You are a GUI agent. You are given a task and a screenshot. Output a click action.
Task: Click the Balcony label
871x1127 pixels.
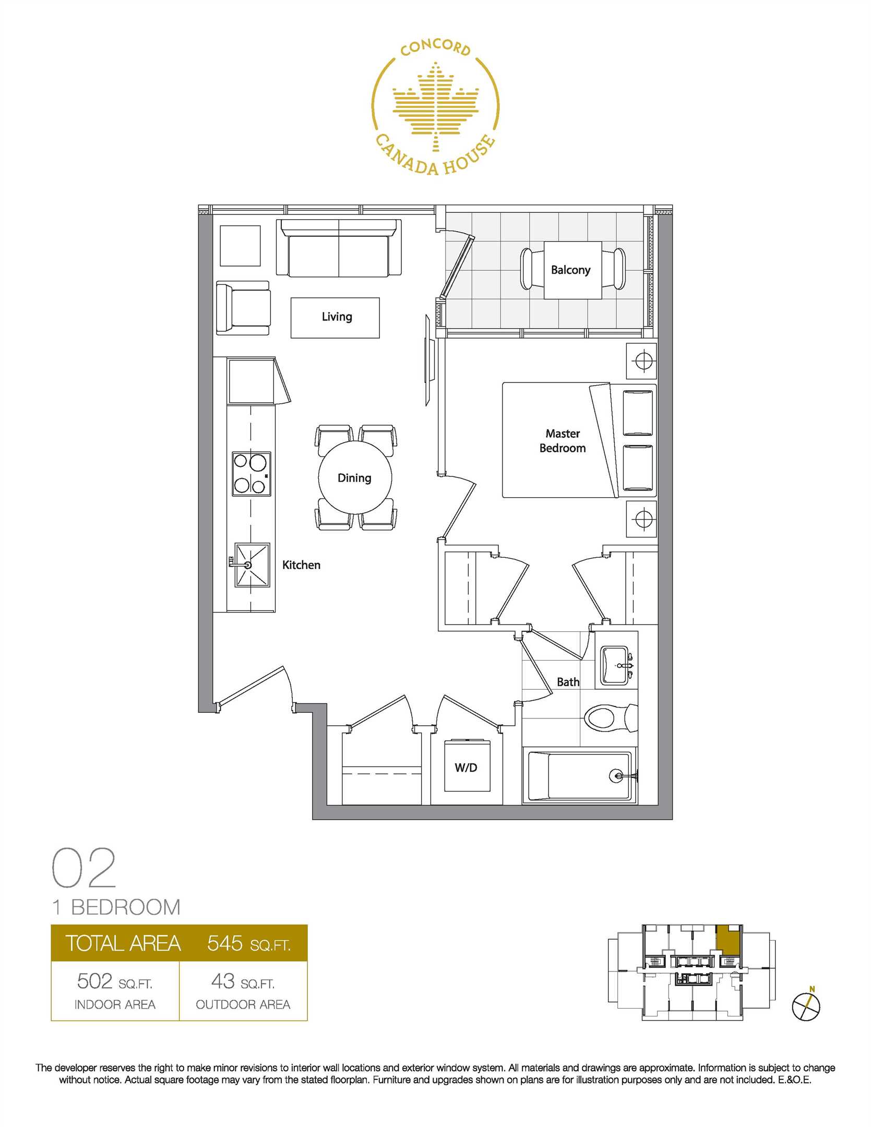point(570,270)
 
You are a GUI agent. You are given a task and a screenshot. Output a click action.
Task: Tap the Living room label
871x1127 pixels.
point(337,317)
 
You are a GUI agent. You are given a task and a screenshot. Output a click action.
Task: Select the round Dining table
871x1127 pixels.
point(355,478)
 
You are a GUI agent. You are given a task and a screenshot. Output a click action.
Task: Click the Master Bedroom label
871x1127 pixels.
point(563,441)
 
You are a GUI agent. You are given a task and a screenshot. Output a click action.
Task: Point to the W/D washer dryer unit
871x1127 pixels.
point(466,766)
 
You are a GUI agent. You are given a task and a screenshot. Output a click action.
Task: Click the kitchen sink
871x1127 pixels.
point(252,565)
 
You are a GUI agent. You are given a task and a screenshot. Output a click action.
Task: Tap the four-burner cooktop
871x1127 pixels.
point(252,474)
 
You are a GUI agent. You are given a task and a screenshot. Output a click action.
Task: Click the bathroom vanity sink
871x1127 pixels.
point(617,666)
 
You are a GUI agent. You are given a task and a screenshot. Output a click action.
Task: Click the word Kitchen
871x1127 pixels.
point(301,565)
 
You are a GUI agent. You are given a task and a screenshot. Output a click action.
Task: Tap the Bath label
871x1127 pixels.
point(568,682)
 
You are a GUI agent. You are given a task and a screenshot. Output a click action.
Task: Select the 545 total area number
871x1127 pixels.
point(225,943)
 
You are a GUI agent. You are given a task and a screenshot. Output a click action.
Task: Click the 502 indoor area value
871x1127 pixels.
point(94,981)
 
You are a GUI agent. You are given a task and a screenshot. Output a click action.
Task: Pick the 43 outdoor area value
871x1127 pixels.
point(223,981)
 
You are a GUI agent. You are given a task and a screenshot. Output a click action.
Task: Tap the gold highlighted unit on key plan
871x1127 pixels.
point(728,939)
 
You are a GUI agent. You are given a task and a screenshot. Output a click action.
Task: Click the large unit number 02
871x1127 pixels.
point(83,868)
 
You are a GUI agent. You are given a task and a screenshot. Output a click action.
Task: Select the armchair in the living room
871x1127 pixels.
point(243,308)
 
